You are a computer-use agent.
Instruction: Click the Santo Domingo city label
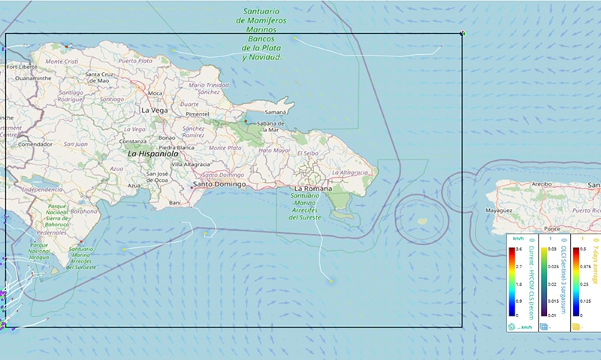click(219, 184)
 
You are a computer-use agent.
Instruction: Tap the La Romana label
click(313, 188)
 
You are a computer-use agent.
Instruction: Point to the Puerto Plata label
click(135, 61)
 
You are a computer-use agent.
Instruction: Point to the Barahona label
click(84, 211)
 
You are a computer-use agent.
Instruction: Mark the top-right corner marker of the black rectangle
click(463, 33)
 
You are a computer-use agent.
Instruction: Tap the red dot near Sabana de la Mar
click(245, 120)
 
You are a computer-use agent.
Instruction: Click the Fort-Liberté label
click(22, 66)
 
